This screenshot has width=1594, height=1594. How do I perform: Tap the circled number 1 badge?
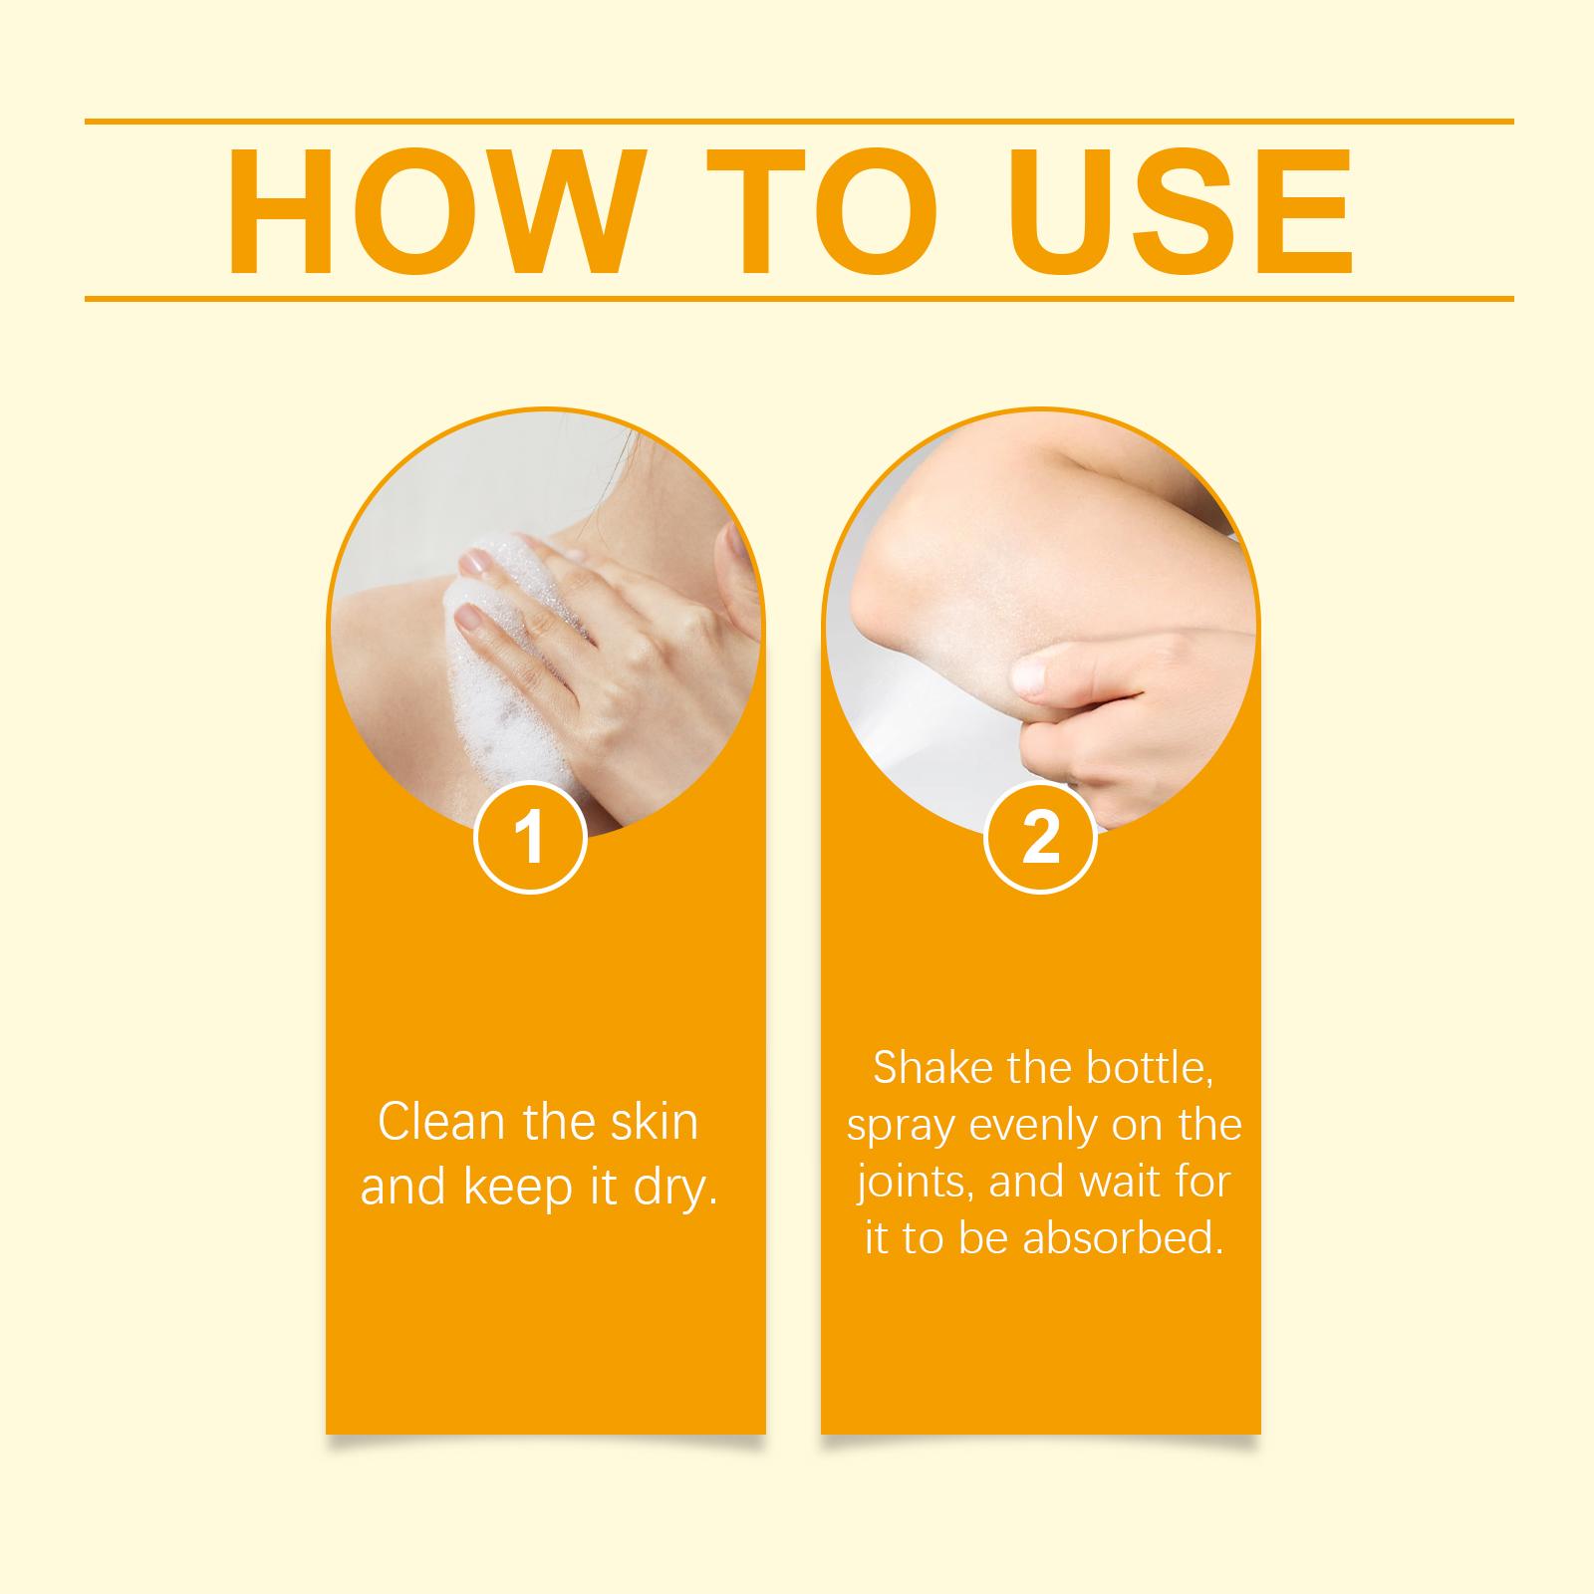click(530, 838)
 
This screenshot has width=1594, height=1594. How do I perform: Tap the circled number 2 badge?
click(1040, 838)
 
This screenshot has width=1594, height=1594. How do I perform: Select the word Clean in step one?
click(443, 1122)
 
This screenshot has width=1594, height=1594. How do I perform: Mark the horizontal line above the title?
click(799, 122)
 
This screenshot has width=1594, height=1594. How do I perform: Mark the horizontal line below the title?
click(799, 298)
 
